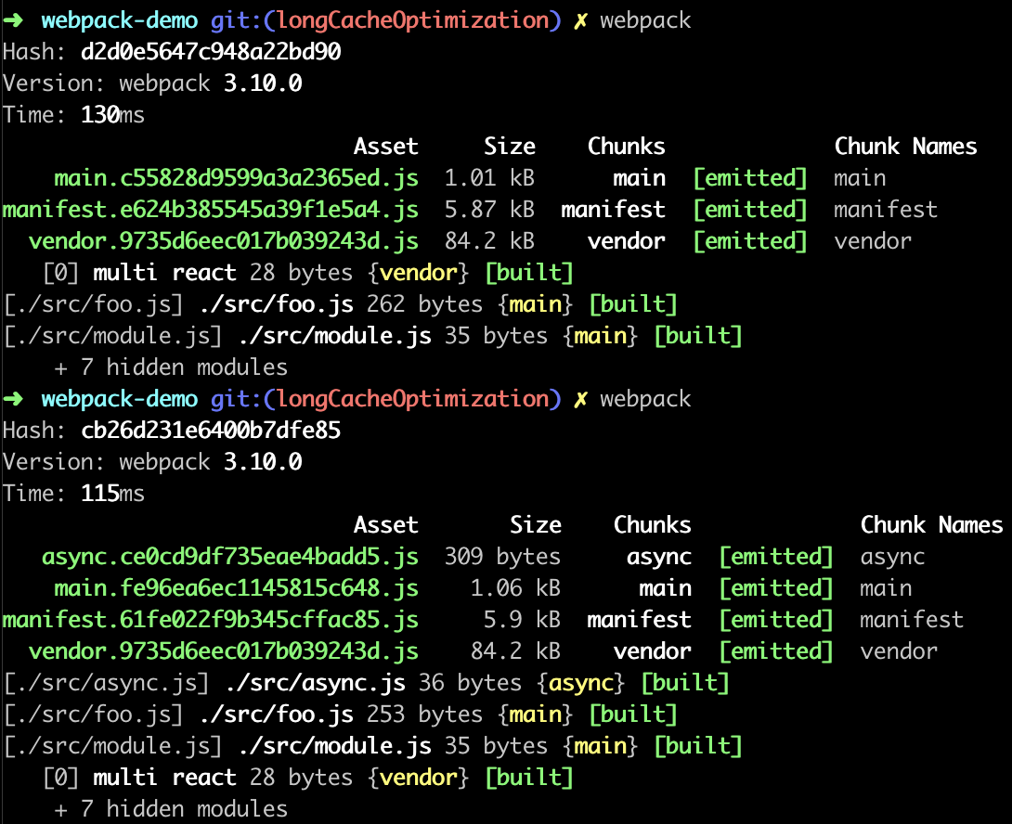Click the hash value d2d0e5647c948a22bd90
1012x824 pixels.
point(211,52)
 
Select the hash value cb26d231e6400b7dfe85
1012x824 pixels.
point(211,431)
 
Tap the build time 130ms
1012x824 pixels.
point(112,115)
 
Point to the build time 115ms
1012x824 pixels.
point(112,494)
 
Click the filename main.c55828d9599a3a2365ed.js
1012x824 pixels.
point(236,178)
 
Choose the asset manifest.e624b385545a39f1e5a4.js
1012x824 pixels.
point(211,210)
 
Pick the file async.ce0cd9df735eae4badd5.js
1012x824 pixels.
point(229,557)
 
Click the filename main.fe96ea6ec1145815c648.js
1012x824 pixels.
point(236,588)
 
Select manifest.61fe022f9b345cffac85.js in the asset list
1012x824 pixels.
point(211,620)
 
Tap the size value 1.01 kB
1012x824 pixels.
point(490,178)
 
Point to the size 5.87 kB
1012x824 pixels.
point(490,210)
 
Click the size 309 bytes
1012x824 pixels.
point(503,557)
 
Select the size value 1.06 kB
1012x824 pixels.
point(515,588)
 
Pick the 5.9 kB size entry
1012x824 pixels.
point(522,620)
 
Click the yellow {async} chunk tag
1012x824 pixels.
point(581,683)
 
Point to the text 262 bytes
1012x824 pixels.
point(424,304)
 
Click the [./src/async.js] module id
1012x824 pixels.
point(107,683)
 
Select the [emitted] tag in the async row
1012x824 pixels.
point(776,557)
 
